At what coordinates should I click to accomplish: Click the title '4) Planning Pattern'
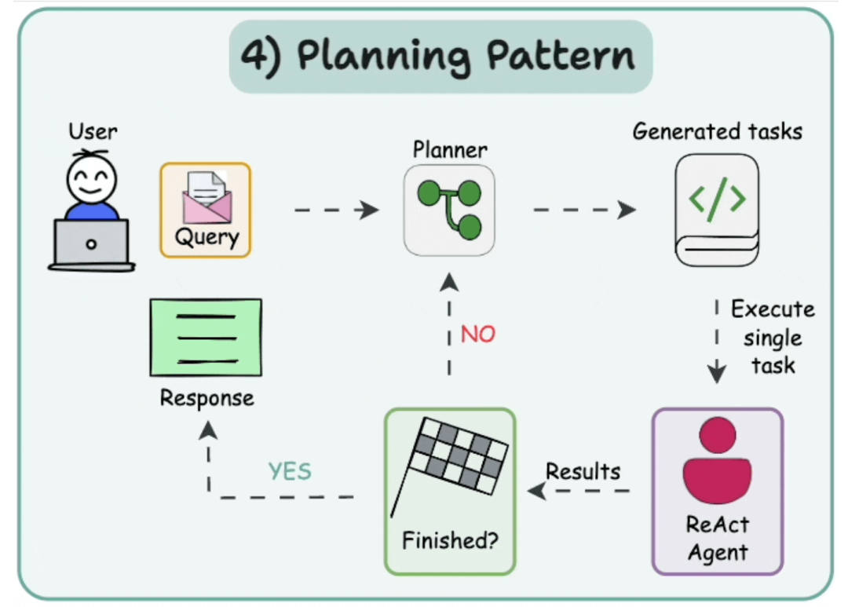(440, 57)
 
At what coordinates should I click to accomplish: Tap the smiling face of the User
(91, 180)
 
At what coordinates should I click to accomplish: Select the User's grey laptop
(91, 243)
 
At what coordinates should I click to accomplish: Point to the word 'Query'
(207, 236)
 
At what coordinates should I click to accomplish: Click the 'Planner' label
(450, 149)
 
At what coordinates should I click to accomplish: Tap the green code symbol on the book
(717, 199)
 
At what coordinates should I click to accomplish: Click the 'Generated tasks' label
(718, 130)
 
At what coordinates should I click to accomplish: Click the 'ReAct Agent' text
(718, 538)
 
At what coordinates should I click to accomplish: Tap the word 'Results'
(583, 471)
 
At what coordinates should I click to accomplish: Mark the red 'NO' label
(478, 335)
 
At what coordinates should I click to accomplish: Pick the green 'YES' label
(290, 471)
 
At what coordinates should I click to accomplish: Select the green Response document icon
(206, 338)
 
